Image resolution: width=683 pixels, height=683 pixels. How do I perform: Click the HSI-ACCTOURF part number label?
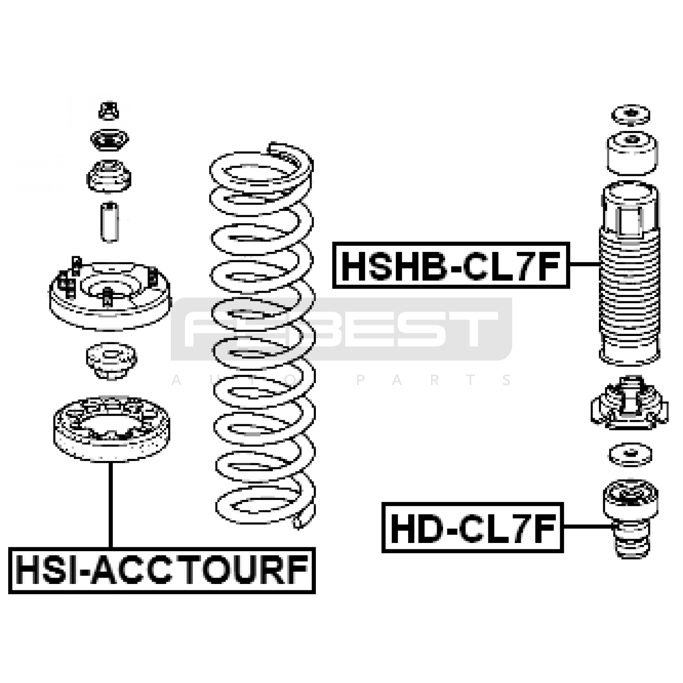(162, 570)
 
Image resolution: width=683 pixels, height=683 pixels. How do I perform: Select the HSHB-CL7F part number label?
(451, 265)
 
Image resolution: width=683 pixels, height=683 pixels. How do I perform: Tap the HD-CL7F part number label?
(473, 528)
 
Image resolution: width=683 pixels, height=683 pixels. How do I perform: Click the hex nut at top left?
(109, 110)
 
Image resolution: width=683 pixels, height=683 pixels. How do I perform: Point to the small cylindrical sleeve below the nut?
(110, 222)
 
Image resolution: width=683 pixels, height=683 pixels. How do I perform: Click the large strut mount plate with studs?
(110, 294)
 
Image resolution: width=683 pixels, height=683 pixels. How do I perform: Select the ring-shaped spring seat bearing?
(111, 429)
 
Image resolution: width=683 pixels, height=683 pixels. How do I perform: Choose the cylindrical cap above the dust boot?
(632, 153)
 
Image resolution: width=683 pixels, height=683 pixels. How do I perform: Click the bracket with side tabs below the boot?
(630, 403)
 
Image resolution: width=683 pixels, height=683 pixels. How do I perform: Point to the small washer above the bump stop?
(630, 455)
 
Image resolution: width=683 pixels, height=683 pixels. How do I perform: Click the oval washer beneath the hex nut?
(109, 139)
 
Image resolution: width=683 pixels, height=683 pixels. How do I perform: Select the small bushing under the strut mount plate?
(111, 361)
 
